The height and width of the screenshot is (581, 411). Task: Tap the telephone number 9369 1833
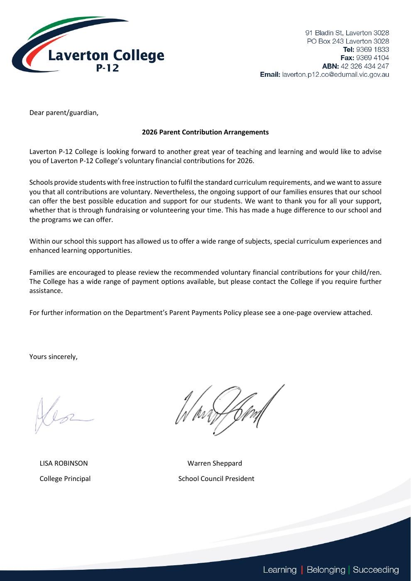click(x=372, y=49)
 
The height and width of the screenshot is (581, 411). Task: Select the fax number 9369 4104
click(x=372, y=58)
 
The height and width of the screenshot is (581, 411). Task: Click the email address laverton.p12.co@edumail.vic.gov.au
click(x=335, y=75)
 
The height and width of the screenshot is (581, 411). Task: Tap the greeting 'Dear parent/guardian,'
click(x=64, y=113)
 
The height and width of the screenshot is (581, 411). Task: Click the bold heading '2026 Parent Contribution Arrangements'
click(x=205, y=132)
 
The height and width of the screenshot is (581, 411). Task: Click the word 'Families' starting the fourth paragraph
click(x=42, y=273)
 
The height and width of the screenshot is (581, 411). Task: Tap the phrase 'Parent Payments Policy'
click(x=205, y=313)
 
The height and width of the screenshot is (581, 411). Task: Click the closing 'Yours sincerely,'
click(x=53, y=357)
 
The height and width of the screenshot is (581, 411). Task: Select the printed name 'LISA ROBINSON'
click(x=64, y=464)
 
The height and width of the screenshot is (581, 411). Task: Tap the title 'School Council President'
click(x=216, y=479)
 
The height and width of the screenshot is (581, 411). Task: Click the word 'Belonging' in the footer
click(x=325, y=570)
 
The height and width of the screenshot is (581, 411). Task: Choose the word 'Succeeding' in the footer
click(x=376, y=570)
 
